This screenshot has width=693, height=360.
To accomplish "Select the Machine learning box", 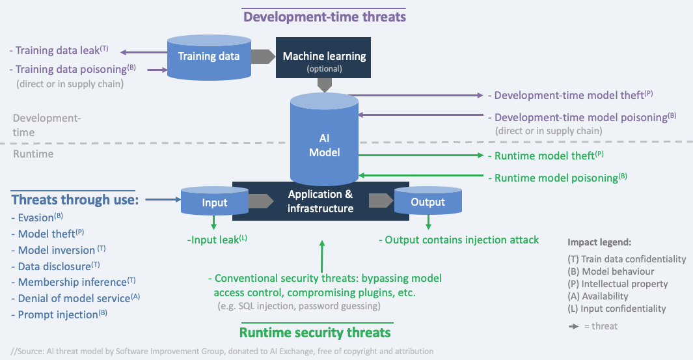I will click(x=324, y=59).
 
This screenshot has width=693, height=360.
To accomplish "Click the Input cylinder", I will click(x=214, y=202).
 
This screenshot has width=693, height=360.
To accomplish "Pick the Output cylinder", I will click(x=428, y=202).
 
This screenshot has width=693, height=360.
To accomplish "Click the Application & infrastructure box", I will click(x=321, y=201).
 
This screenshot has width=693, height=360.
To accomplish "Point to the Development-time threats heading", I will click(x=323, y=16).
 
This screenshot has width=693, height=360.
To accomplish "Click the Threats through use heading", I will click(x=75, y=199).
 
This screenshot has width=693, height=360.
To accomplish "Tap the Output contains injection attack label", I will click(x=462, y=240).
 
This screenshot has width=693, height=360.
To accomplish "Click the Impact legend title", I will click(x=599, y=242).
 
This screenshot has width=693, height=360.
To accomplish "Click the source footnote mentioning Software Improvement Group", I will click(x=221, y=352).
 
